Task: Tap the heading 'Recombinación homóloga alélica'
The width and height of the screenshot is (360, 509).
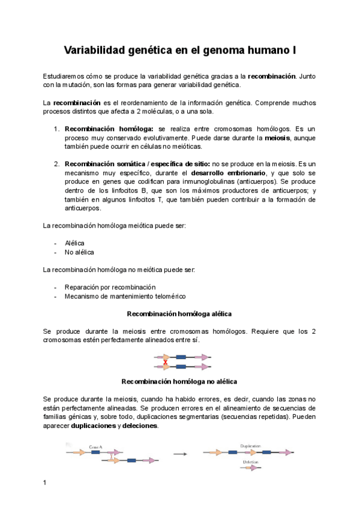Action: point(179,314)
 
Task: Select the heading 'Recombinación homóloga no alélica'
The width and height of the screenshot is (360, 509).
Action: point(179,381)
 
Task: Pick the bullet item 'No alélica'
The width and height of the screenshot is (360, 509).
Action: point(79,252)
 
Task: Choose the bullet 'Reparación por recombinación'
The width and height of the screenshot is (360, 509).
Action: point(110,287)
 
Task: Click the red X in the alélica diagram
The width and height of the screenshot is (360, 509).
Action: point(157,361)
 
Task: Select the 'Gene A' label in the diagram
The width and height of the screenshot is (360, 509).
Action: point(95,447)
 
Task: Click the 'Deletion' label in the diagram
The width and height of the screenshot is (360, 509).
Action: point(251,462)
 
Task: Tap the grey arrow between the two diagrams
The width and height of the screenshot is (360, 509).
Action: point(179,454)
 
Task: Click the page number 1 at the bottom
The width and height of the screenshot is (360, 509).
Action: point(46,483)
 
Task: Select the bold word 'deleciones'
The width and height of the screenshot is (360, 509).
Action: point(140,426)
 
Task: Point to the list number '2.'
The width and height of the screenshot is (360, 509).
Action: point(56,163)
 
